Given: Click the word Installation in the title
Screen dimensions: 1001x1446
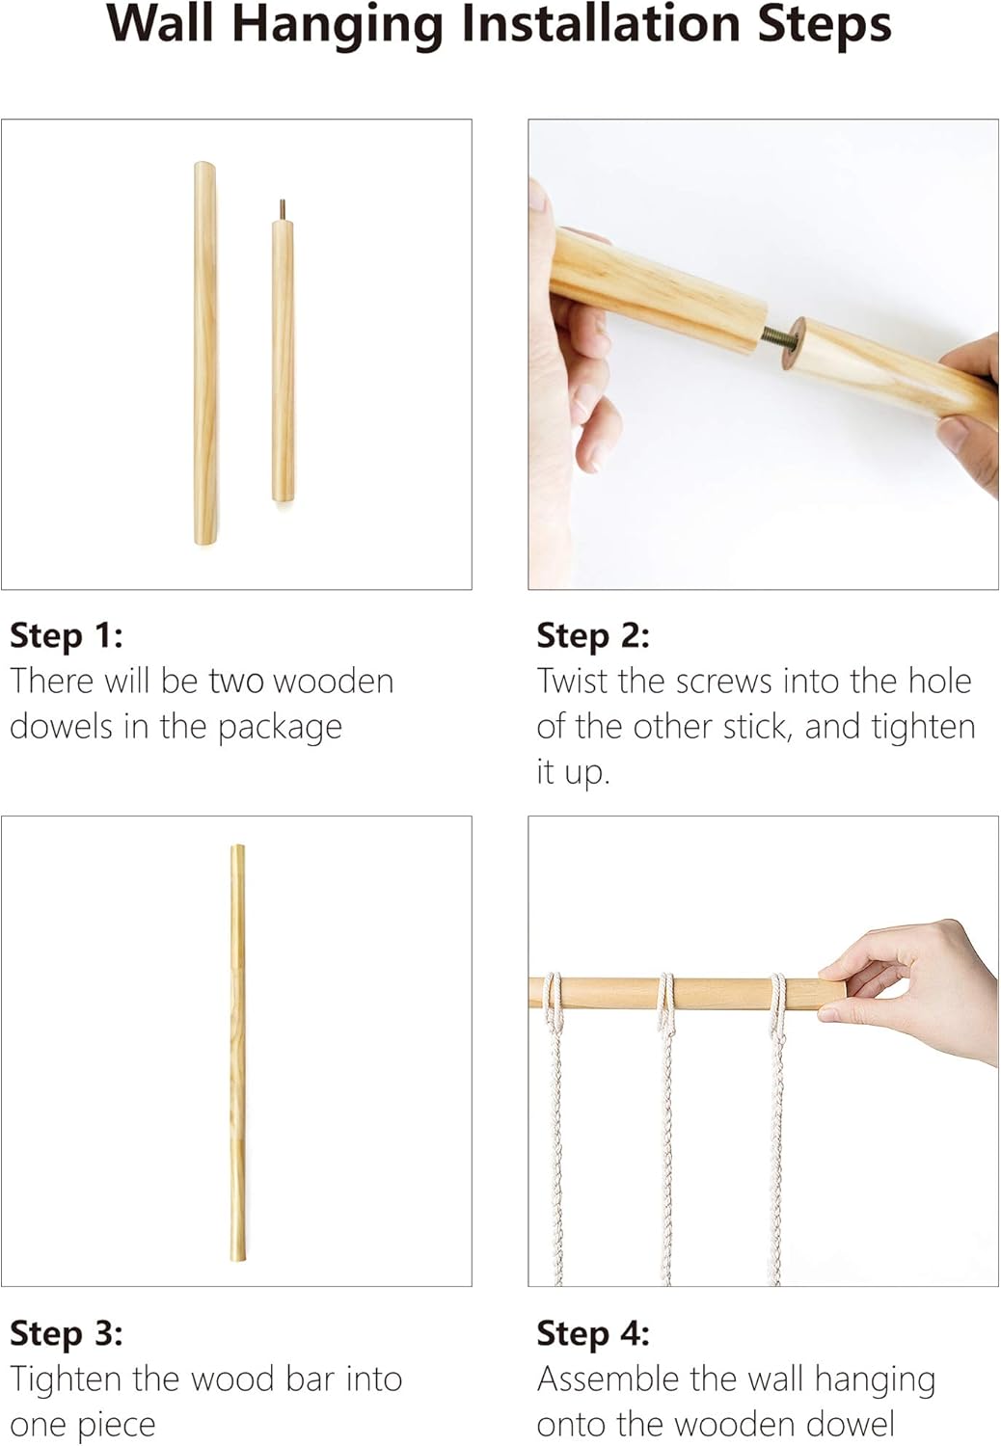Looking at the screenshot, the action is pyautogui.click(x=601, y=24).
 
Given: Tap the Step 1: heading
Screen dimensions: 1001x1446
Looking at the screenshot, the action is pyautogui.click(x=67, y=635).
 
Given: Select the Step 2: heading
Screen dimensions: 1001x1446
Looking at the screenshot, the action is pyautogui.click(x=593, y=635).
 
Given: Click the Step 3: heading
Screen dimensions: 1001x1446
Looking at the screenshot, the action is pyautogui.click(x=67, y=1332).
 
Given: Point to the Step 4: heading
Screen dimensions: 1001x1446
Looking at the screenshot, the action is pyautogui.click(x=593, y=1332).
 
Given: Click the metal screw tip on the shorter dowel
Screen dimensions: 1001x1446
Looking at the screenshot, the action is pyautogui.click(x=283, y=209).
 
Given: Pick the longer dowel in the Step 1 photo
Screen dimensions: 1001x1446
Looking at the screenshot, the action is pyautogui.click(x=205, y=353).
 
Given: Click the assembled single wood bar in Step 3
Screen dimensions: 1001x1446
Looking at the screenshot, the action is pyautogui.click(x=237, y=1053).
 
